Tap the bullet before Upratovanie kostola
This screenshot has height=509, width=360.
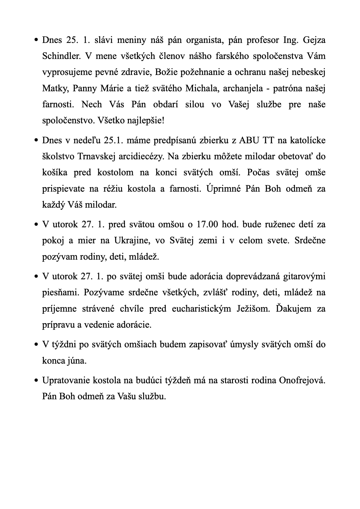(x=36, y=381)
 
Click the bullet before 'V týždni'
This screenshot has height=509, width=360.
(x=36, y=345)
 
